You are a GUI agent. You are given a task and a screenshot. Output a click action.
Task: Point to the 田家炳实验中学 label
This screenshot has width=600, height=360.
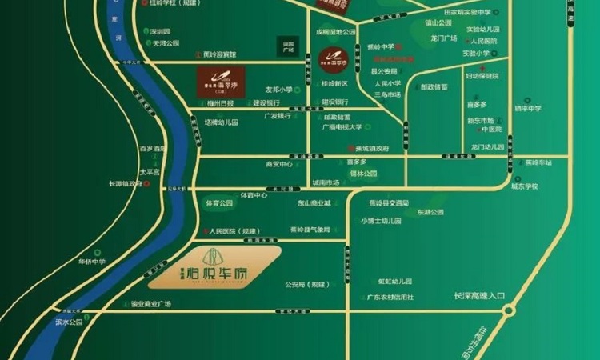(466, 13)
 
